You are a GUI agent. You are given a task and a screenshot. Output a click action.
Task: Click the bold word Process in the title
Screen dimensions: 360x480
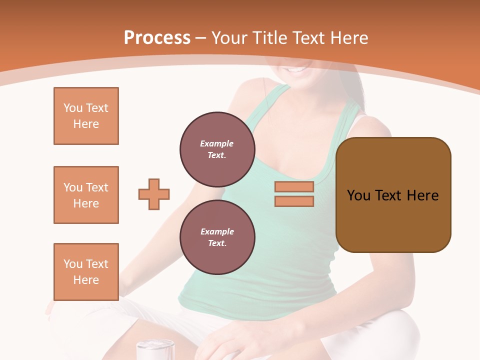click(157, 38)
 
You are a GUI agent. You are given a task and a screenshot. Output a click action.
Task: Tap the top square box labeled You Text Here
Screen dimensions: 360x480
click(86, 116)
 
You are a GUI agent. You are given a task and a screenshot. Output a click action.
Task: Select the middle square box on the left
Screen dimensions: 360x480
click(86, 195)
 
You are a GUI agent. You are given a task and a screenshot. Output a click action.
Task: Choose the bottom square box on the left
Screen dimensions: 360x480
click(86, 272)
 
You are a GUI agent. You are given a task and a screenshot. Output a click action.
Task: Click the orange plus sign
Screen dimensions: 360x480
click(154, 194)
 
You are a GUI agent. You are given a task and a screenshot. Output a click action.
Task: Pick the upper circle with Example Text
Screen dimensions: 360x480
click(217, 149)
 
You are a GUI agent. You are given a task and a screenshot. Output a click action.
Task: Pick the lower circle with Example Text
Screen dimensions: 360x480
click(217, 237)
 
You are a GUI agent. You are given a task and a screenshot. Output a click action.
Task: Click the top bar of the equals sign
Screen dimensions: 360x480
click(294, 186)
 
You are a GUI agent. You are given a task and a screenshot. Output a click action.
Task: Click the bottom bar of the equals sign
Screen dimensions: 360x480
click(294, 201)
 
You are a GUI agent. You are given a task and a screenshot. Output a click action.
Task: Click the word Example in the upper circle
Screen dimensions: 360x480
click(217, 143)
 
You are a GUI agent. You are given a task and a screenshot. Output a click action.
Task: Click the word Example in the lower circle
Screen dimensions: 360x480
click(217, 231)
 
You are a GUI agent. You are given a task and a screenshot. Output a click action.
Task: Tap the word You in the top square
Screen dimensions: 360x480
click(73, 108)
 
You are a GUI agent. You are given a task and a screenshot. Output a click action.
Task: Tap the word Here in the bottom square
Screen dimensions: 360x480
click(86, 280)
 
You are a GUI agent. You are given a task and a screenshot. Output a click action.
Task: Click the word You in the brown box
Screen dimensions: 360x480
click(358, 195)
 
